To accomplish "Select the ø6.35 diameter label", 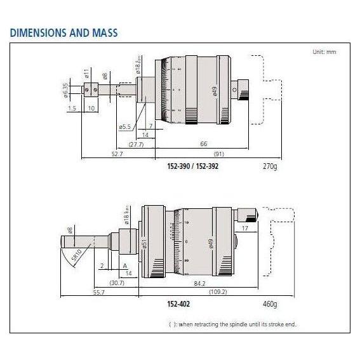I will tap(66, 91).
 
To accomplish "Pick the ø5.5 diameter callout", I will tap(124, 128).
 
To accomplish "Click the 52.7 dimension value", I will tap(98, 153).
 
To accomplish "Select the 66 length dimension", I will tap(203, 144).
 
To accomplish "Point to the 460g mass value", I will tap(270, 304).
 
